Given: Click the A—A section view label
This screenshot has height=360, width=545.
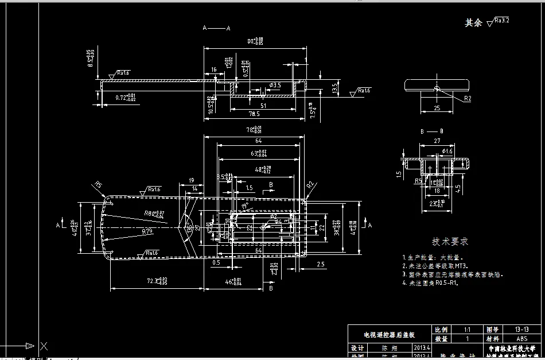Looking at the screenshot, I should [x=216, y=28].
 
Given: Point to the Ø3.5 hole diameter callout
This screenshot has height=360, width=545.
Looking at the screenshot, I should [x=275, y=85].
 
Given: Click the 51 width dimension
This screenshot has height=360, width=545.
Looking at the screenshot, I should [x=263, y=105].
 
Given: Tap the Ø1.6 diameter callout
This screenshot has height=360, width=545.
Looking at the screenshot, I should [x=447, y=151].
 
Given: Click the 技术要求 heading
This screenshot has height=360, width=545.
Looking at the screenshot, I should [x=450, y=242].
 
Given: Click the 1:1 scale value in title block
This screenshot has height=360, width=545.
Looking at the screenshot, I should [x=467, y=330].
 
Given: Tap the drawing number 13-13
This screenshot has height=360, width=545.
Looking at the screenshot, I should [x=522, y=330].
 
